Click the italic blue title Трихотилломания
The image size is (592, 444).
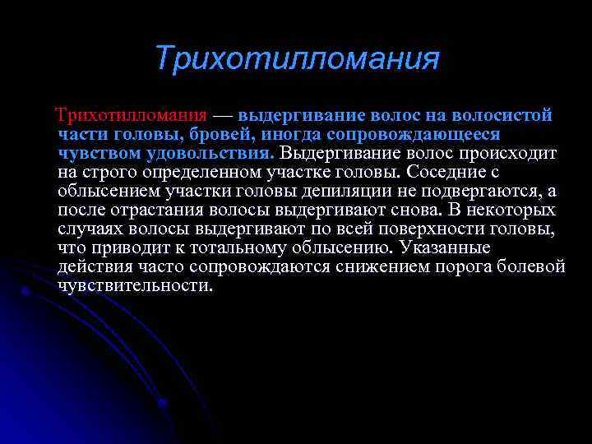point(297,59)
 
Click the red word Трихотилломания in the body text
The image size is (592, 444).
point(131,114)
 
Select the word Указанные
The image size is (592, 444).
point(450,247)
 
